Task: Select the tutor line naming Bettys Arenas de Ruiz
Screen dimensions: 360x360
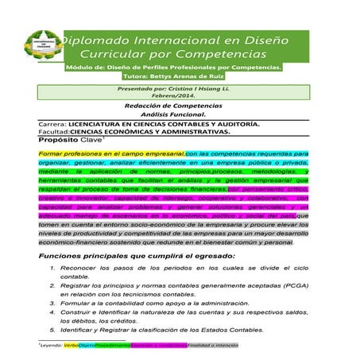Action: tap(179, 76)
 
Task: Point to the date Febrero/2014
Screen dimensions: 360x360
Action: tap(179, 97)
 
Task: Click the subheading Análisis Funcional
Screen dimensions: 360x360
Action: tap(178, 115)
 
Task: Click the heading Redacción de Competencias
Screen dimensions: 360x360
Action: tap(178, 106)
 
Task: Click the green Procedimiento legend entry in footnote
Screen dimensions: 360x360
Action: tap(112, 346)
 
